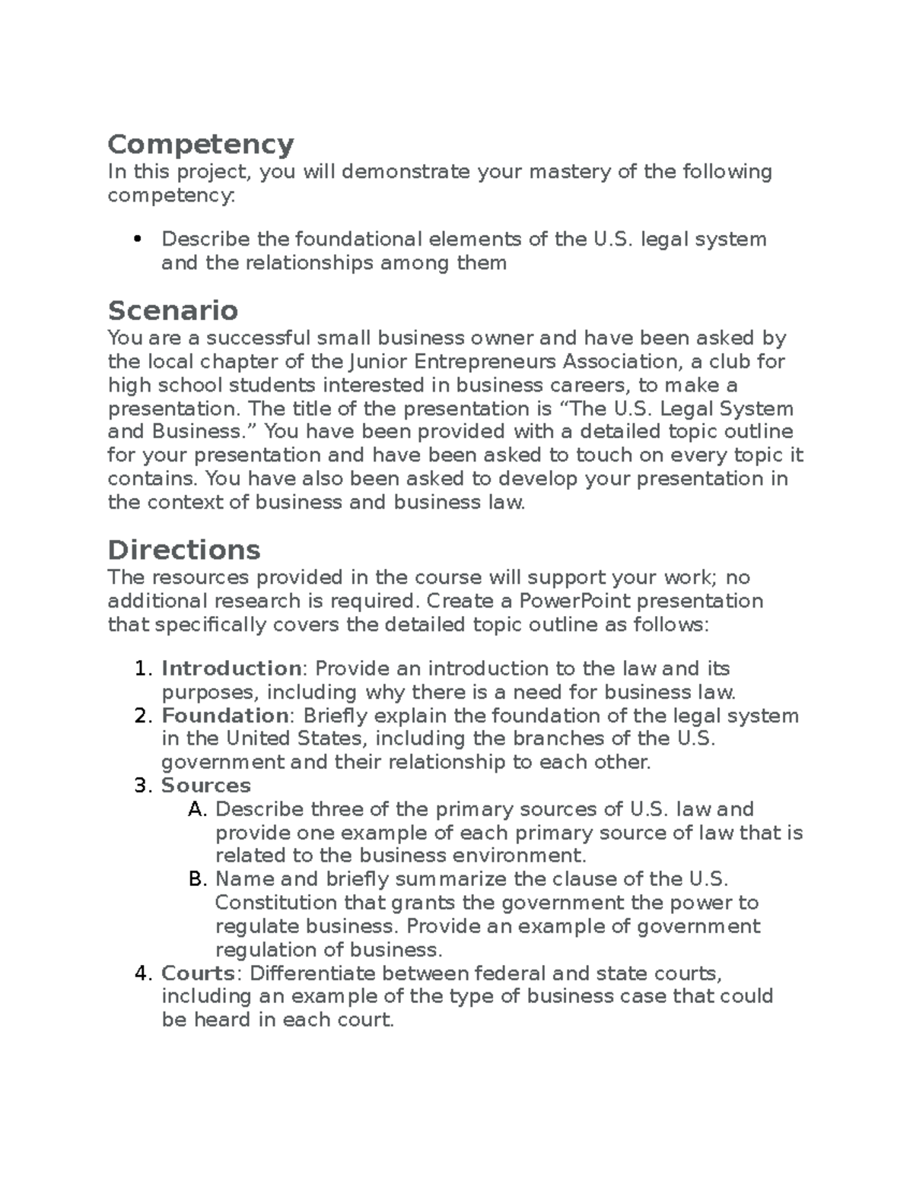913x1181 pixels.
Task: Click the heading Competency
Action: pyautogui.click(x=201, y=144)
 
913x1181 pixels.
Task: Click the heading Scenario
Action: pyautogui.click(x=173, y=310)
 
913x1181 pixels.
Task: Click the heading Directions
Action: pyautogui.click(x=184, y=550)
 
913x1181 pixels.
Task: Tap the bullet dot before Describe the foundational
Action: pyautogui.click(x=138, y=240)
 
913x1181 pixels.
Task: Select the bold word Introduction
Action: pyautogui.click(x=231, y=668)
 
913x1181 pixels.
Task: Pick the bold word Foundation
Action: pyautogui.click(x=224, y=716)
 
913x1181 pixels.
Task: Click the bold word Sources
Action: pyautogui.click(x=205, y=786)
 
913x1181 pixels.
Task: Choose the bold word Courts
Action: pyautogui.click(x=197, y=973)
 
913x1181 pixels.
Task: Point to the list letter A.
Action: pyautogui.click(x=197, y=809)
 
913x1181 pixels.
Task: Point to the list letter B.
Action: pyautogui.click(x=197, y=880)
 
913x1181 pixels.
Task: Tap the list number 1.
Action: pyautogui.click(x=142, y=668)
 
